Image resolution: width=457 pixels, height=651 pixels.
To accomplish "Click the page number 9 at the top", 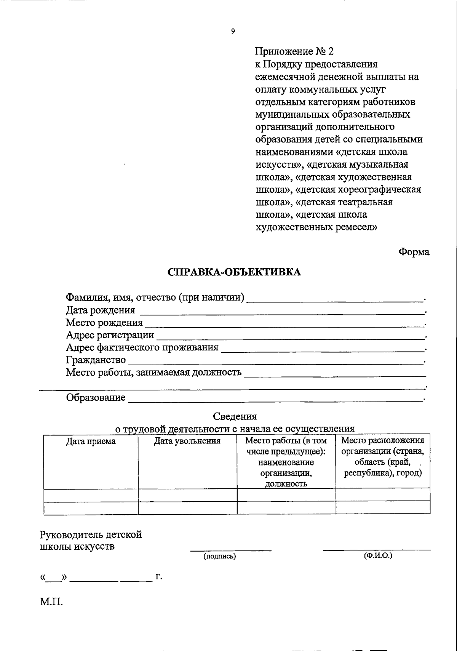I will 233,32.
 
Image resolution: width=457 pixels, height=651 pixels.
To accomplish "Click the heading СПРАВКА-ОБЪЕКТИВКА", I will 234,272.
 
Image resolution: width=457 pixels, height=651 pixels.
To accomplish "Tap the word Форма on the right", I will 414,252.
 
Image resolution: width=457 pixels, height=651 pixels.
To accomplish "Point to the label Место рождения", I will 104,323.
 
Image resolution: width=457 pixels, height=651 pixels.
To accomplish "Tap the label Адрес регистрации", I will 110,335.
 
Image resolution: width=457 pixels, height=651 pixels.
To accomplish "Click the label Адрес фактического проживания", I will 142,347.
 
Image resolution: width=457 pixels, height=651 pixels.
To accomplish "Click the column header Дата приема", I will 91,441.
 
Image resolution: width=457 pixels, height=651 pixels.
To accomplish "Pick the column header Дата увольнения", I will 187,441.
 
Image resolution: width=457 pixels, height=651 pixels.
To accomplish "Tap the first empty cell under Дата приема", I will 91,495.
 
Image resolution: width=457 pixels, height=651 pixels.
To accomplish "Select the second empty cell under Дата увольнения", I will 187,508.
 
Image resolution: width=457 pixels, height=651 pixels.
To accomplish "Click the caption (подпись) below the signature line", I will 220,557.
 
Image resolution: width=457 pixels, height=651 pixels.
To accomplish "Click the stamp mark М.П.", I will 51,602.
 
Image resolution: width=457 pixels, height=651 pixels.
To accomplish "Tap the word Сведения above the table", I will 235,416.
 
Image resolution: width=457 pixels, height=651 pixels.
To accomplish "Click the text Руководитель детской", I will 91,535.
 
